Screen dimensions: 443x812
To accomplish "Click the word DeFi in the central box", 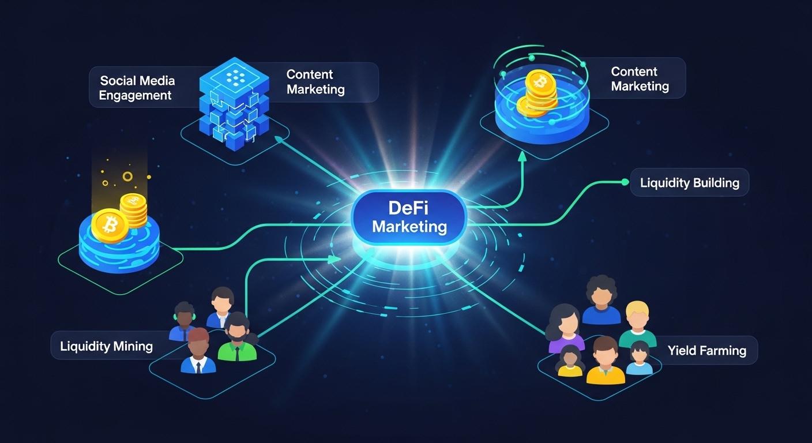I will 409,208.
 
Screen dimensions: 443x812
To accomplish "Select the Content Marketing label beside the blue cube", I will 315,82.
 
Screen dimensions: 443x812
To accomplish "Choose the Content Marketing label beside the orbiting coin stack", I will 640,79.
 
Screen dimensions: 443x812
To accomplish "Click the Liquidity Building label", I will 689,183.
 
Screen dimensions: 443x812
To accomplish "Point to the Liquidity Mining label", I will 106,346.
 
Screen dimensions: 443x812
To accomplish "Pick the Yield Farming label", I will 706,350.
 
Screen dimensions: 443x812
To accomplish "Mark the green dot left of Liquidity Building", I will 624,182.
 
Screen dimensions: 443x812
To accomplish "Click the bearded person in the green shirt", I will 238,338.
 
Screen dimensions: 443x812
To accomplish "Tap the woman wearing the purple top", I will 566,328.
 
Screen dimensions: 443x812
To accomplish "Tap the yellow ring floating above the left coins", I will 127,177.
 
